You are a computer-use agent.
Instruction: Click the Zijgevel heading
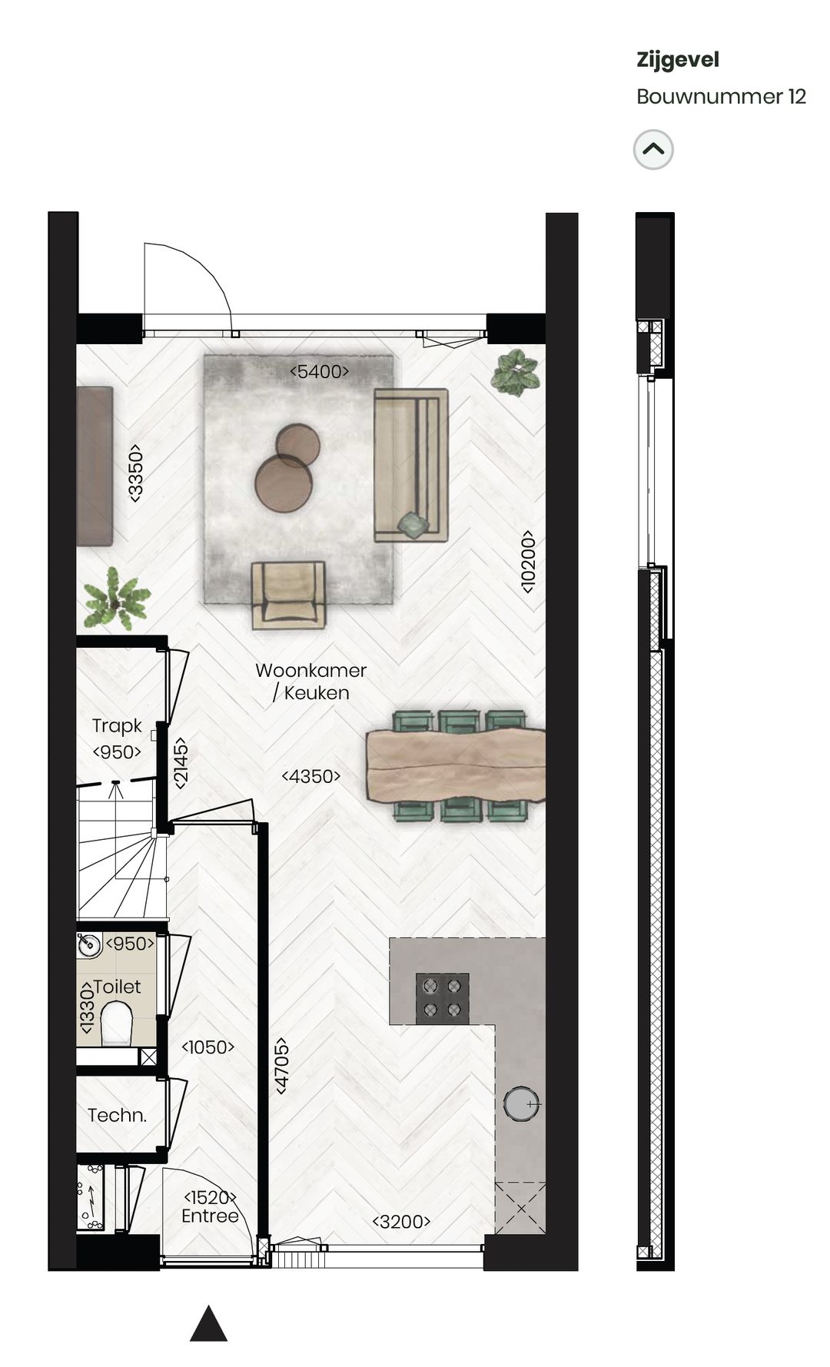[x=677, y=60]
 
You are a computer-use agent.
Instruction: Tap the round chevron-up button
[x=653, y=150]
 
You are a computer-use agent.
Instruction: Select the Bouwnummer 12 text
[x=721, y=97]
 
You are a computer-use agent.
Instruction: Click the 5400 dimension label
[x=319, y=372]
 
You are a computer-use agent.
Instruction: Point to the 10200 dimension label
[x=527, y=561]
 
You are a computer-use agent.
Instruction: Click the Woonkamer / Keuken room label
[x=311, y=682]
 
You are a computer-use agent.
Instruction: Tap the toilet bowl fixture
[x=117, y=1026]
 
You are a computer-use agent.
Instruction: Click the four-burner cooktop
[x=442, y=997]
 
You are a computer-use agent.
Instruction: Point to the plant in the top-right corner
[x=516, y=372]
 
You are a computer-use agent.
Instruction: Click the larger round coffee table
[x=284, y=483]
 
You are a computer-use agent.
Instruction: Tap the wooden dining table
[x=456, y=765]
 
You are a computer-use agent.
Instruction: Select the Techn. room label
[x=117, y=1115]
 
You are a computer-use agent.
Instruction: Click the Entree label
[x=210, y=1216]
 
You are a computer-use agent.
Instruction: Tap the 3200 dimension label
[x=401, y=1222]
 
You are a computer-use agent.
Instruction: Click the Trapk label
[x=117, y=725]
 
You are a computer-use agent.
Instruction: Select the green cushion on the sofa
[x=413, y=524]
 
